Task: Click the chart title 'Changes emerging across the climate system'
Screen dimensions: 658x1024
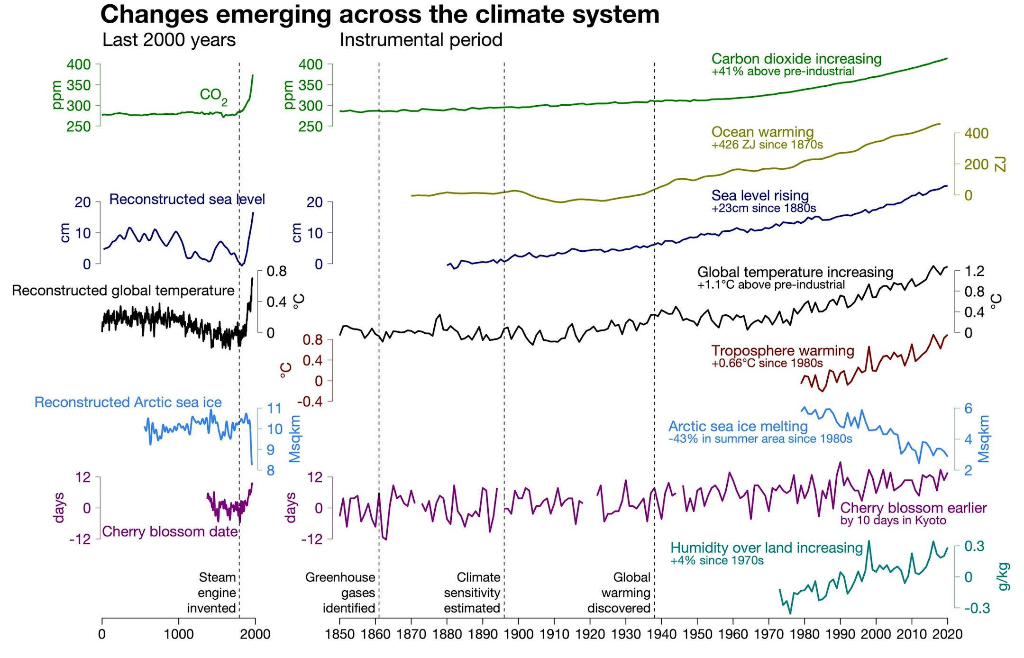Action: click(x=379, y=14)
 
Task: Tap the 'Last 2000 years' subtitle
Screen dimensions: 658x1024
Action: click(x=169, y=40)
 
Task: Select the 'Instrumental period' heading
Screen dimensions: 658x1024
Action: click(x=421, y=40)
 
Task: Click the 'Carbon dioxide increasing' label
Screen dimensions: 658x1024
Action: click(x=796, y=59)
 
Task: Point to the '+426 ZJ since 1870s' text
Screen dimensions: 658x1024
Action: click(x=767, y=145)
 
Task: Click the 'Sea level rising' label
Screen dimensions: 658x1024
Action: click(x=760, y=195)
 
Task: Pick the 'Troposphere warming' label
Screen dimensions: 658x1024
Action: click(x=783, y=351)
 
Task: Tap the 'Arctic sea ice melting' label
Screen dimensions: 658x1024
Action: click(x=738, y=426)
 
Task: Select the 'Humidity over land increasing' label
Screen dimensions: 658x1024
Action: click(x=767, y=548)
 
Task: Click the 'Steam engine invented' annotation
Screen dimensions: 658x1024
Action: click(x=212, y=593)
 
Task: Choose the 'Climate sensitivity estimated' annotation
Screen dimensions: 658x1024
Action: click(x=472, y=593)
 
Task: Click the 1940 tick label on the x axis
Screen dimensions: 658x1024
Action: click(x=661, y=634)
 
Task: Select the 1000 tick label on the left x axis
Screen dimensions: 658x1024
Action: click(x=179, y=634)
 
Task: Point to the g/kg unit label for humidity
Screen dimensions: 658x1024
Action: click(x=1003, y=577)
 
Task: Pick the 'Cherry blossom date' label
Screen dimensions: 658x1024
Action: click(x=170, y=531)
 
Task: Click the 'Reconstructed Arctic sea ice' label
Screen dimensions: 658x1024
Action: click(x=128, y=402)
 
